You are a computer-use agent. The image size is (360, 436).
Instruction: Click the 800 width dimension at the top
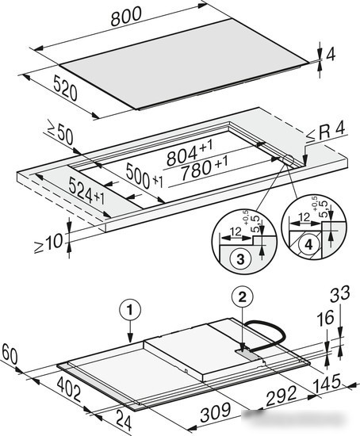click(126, 16)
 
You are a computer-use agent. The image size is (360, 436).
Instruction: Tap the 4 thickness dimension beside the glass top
click(330, 55)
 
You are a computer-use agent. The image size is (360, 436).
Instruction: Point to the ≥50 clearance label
click(59, 133)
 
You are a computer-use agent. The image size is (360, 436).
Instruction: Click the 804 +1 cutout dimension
click(190, 153)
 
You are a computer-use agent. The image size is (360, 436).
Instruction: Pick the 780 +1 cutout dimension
click(204, 169)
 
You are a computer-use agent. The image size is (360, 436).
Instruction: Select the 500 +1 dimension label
click(144, 177)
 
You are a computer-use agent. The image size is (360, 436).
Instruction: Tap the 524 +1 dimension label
click(86, 191)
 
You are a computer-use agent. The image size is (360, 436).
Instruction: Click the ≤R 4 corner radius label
click(326, 132)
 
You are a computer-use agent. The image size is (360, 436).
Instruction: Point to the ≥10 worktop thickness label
click(48, 243)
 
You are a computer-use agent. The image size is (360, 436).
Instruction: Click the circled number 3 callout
click(240, 258)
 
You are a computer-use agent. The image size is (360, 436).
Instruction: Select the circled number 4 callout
click(308, 245)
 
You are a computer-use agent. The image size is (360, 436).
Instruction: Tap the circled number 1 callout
click(130, 310)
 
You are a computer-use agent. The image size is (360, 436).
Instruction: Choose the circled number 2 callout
click(243, 297)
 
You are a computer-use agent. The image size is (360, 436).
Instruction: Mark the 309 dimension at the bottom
click(216, 411)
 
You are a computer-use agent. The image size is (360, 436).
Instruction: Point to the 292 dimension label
click(281, 396)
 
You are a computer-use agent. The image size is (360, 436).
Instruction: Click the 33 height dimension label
click(339, 294)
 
